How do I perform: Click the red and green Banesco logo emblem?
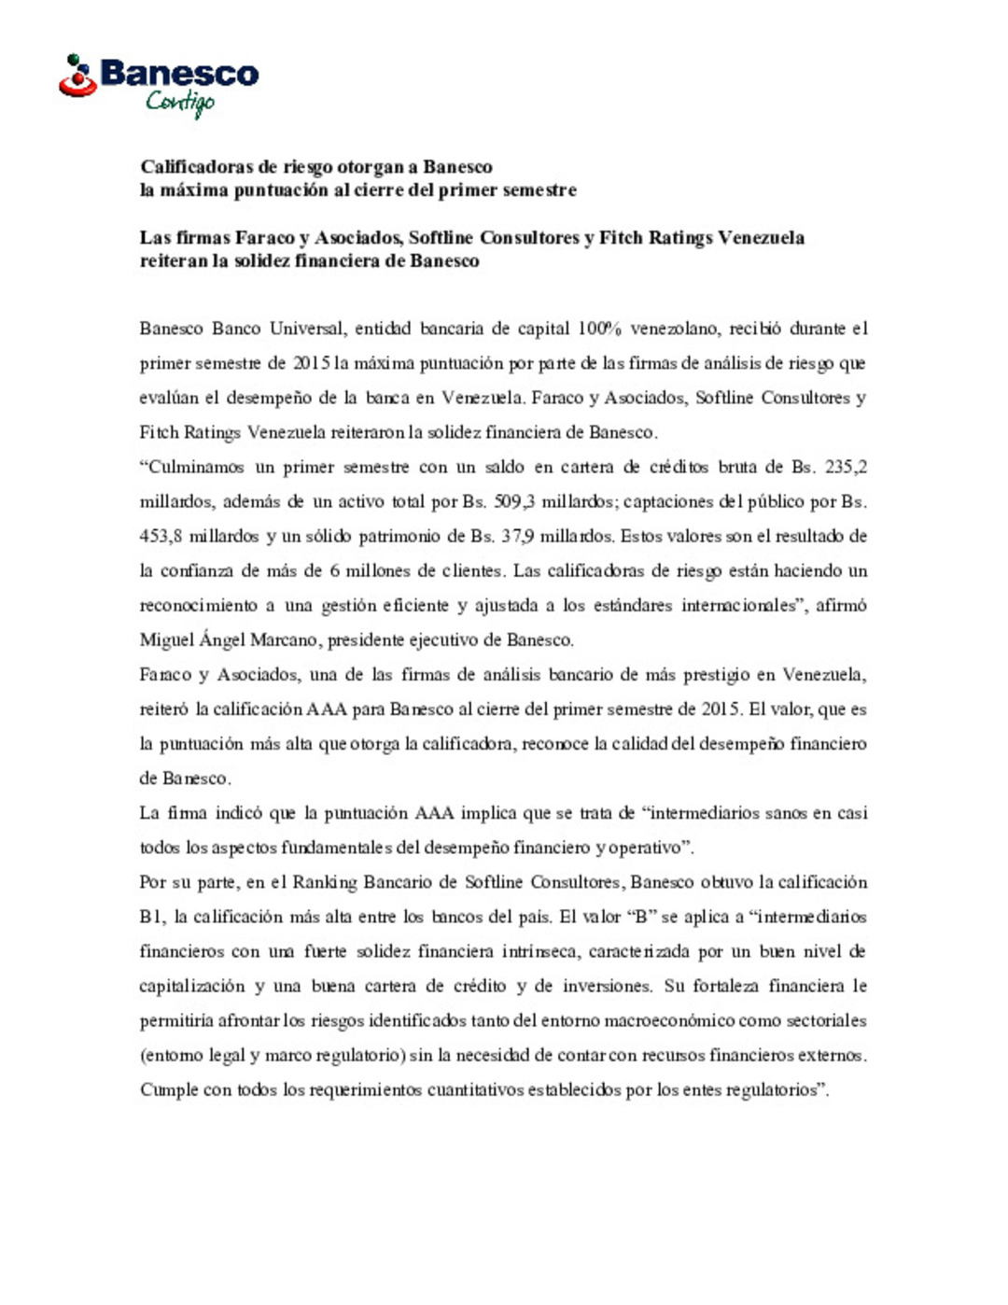pyautogui.click(x=77, y=77)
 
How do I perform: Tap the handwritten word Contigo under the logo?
pyautogui.click(x=180, y=102)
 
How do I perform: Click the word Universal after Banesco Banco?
pyautogui.click(x=306, y=329)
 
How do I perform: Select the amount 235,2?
pyautogui.click(x=847, y=467)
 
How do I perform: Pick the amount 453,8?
pyautogui.click(x=161, y=536)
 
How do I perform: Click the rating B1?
pyautogui.click(x=151, y=917)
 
